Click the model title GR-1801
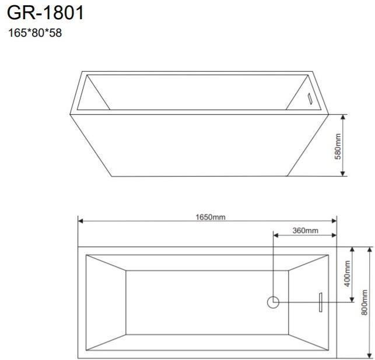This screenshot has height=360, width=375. (45, 13)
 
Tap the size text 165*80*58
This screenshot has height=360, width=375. (35, 33)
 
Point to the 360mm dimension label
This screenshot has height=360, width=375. (304, 231)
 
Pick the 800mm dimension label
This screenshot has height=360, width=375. (365, 303)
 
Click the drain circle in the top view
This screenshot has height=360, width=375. (274, 302)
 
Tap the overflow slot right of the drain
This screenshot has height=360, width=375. (320, 302)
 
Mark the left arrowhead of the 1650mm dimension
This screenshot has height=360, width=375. (82, 221)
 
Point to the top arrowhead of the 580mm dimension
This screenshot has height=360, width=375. (344, 117)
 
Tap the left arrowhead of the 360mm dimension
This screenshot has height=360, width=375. (277, 235)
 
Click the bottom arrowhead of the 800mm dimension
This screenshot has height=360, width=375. (369, 355)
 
